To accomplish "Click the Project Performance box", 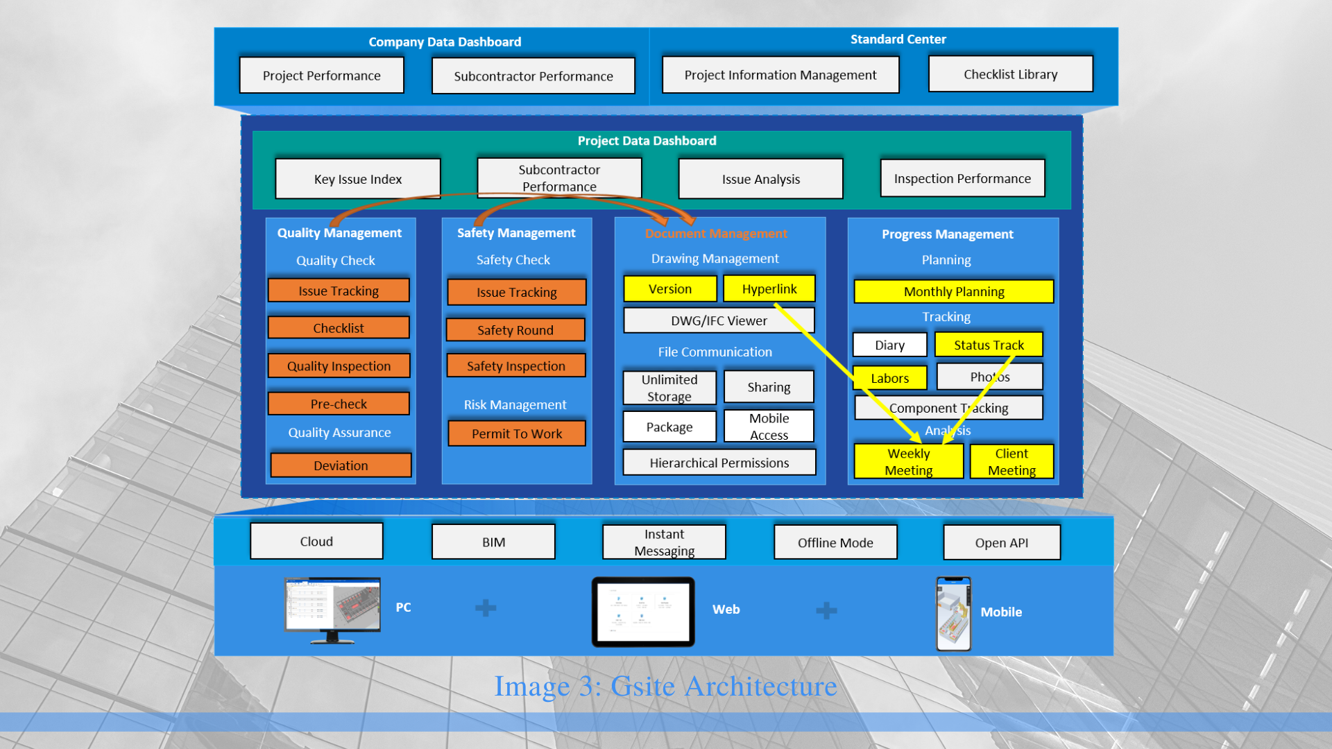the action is coord(321,75).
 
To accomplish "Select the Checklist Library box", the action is coord(1010,74).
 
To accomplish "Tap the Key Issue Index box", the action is coord(357,178).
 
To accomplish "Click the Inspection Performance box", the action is coord(962,178).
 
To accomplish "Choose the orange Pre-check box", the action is coord(339,404).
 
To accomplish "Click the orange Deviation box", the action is coord(341,465).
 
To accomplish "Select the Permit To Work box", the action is coord(517,433).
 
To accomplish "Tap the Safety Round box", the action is coord(515,330).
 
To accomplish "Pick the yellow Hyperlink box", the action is coord(769,289).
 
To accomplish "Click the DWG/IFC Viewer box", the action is coord(719,320).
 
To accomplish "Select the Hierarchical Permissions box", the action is coord(719,462).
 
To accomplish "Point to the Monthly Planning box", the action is coord(953,291).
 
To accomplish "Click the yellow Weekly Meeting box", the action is coord(909,461).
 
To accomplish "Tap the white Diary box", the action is coord(889,345).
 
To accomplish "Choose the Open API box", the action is coord(1001,542).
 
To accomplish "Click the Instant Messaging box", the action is coord(664,542).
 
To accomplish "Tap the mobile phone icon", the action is coord(953,614).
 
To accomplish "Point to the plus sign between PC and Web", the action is coord(486,608).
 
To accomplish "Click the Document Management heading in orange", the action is coord(716,234).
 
